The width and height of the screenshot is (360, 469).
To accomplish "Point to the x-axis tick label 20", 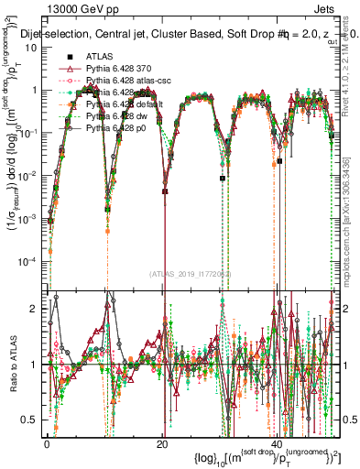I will [162, 442].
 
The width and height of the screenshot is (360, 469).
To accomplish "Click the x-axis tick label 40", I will [278, 442].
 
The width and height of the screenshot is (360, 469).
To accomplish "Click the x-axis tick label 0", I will [47, 442].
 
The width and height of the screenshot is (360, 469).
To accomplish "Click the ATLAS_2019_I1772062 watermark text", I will [189, 273].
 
